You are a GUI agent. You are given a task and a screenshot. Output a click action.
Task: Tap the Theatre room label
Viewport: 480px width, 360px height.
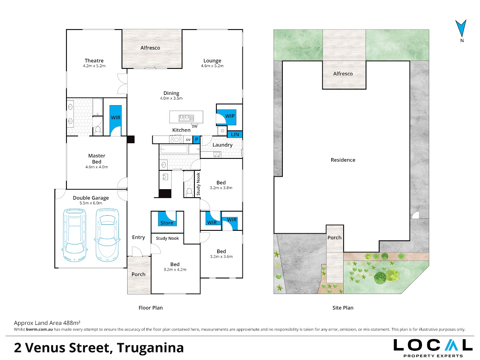pos(94,60)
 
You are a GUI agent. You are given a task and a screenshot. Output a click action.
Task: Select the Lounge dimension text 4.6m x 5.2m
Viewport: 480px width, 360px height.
pos(212,66)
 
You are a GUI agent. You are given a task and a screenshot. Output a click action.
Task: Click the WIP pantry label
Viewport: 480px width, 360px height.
pos(230,116)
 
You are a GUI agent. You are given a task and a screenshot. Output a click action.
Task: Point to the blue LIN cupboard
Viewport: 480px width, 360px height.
pos(235,134)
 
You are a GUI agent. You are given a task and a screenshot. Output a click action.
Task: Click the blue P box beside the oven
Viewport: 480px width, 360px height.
pos(196,140)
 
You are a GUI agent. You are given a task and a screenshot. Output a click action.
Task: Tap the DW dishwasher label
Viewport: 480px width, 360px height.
pos(194,126)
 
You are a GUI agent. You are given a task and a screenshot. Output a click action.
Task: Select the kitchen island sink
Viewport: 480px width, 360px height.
pos(186,118)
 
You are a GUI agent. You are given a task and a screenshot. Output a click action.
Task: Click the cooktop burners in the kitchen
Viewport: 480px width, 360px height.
pos(176,139)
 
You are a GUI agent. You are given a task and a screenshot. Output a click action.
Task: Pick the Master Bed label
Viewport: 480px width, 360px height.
pos(97,159)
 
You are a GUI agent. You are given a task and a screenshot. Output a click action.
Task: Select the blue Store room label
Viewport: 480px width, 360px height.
pos(167,223)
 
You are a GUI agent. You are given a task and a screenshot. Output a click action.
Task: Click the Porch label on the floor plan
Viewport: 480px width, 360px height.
pos(138,274)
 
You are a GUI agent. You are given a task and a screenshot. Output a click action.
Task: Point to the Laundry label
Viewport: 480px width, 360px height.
pos(222,145)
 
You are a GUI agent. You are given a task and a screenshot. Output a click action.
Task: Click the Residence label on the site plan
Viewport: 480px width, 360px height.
pos(343,160)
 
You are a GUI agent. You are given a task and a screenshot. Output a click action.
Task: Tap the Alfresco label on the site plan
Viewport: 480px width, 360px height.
pos(343,74)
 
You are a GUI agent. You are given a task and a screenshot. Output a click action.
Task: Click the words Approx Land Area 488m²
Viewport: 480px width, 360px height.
pos(47,323)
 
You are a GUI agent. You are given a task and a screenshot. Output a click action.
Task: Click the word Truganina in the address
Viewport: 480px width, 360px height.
pos(150,348)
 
